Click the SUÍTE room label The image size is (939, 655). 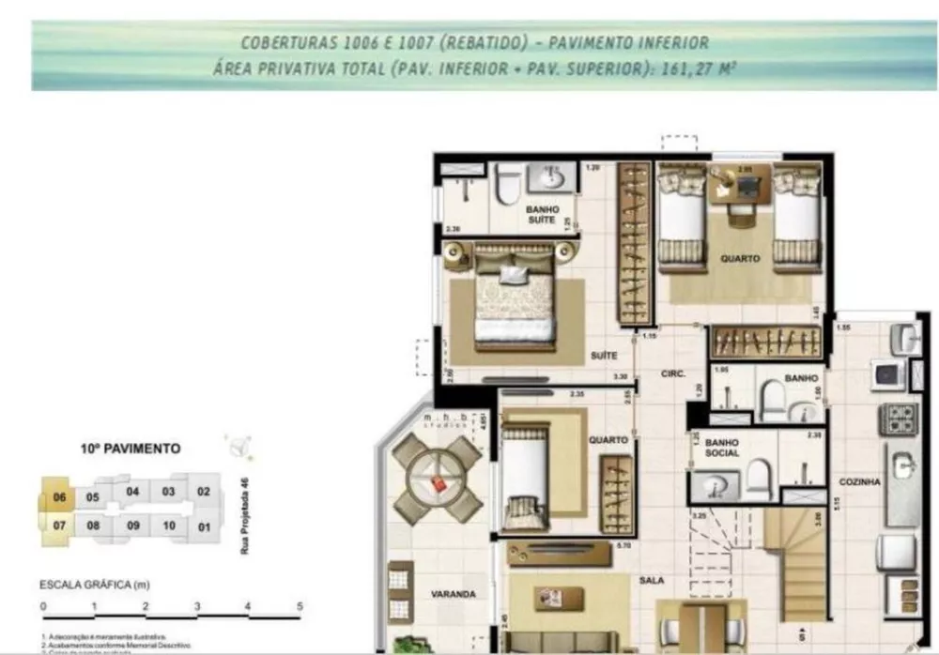click(x=603, y=356)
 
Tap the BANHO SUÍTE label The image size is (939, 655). click(x=542, y=215)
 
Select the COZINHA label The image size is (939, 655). click(x=860, y=481)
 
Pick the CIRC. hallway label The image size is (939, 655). click(x=672, y=373)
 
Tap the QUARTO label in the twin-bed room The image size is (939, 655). click(x=740, y=259)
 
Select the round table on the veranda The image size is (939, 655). click(x=438, y=480)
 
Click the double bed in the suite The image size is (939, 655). click(x=514, y=297)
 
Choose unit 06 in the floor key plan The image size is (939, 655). click(x=58, y=497)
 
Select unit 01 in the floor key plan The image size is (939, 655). click(x=204, y=526)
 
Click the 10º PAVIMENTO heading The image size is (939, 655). click(x=131, y=449)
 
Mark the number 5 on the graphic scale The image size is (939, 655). click(x=300, y=606)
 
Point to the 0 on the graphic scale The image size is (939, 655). click(x=43, y=606)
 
